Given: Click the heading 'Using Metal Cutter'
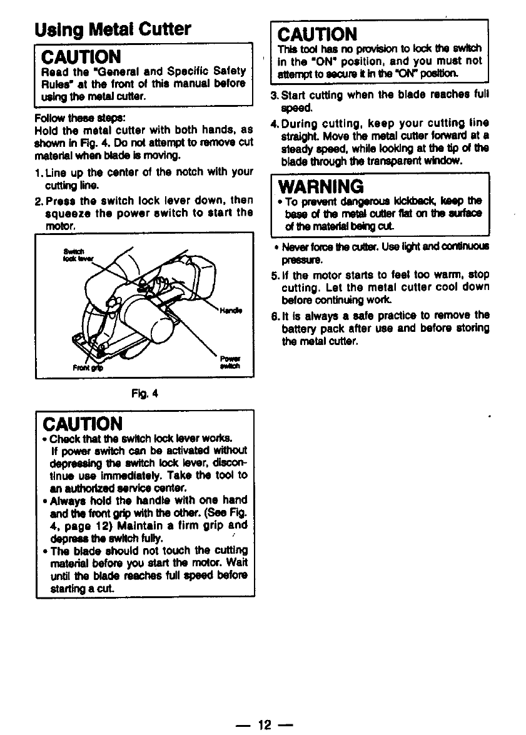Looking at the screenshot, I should (x=113, y=29).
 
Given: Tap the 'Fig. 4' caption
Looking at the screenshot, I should (x=144, y=394).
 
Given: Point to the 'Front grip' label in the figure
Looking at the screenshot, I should (x=88, y=368).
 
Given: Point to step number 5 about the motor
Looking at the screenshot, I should (x=273, y=274).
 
